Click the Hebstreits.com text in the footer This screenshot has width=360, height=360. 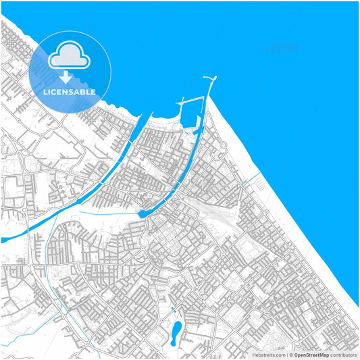[268, 355]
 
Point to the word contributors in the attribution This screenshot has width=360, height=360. [344, 355]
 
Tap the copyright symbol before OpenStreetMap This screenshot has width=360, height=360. [291, 355]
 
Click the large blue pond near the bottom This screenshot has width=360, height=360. [176, 330]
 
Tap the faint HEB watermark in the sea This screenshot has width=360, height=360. [280, 48]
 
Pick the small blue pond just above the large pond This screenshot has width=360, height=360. [172, 311]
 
